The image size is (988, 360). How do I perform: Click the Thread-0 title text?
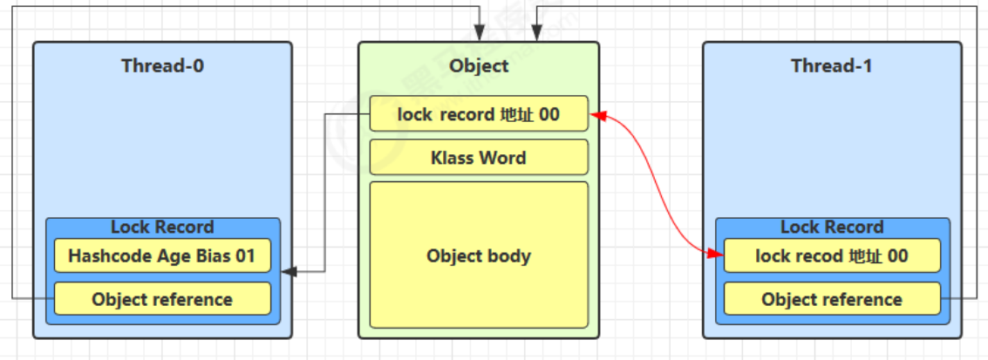(162, 66)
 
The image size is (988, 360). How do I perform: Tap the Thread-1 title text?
(831, 66)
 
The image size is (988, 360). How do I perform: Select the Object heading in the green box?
(479, 66)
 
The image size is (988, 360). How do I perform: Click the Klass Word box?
(479, 158)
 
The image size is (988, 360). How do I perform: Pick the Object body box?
(479, 255)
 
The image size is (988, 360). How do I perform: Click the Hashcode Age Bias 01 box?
(162, 256)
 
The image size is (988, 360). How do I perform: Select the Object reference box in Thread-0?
(162, 299)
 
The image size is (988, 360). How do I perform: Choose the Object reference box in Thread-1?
(832, 299)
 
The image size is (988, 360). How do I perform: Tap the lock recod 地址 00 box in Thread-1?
(832, 256)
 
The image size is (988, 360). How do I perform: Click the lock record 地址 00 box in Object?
(479, 114)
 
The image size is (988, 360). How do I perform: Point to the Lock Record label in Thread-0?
(162, 228)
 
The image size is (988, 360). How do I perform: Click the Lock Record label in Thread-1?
(832, 228)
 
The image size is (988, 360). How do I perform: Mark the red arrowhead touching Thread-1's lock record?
(718, 255)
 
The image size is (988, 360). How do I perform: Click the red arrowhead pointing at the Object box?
(597, 114)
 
